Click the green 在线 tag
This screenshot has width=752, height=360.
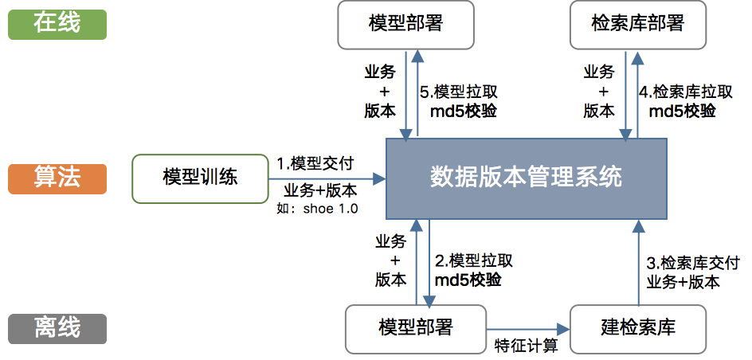[57, 23]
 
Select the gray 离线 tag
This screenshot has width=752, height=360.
[57, 327]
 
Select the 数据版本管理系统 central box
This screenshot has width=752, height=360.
[526, 178]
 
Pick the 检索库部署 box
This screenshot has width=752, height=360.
[638, 24]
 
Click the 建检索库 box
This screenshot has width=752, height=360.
[638, 327]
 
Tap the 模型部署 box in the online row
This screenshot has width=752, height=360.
[405, 24]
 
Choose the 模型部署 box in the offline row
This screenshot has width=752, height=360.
[415, 327]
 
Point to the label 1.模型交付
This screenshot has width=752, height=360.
[315, 163]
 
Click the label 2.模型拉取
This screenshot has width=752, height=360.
[473, 261]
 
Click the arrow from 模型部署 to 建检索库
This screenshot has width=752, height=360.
[527, 327]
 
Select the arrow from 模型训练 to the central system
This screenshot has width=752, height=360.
[327, 178]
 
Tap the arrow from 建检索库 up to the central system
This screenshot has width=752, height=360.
[636, 263]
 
